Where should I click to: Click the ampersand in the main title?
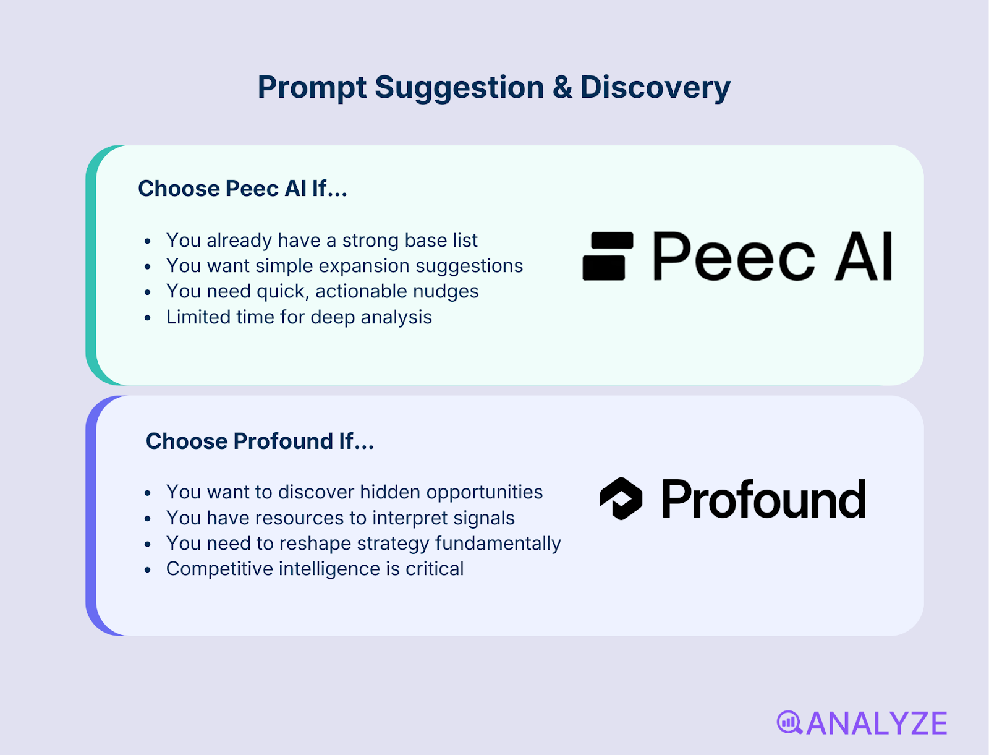(562, 87)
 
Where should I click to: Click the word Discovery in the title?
(655, 87)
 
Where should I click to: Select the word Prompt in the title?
(312, 87)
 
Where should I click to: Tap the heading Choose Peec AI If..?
(242, 189)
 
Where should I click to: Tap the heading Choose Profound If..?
(260, 441)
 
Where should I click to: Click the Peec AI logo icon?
(608, 256)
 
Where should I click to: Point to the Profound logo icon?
(621, 498)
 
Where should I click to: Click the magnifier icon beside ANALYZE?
(789, 722)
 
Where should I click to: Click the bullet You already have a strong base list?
(321, 241)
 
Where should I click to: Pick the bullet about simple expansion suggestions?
(344, 266)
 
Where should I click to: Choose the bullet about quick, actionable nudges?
(322, 291)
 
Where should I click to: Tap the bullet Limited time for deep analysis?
(299, 317)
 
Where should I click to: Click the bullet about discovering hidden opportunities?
(354, 492)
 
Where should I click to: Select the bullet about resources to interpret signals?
(340, 518)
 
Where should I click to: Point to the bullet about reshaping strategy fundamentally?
(363, 544)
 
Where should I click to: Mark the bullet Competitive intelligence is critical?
(315, 569)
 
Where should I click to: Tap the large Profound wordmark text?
(763, 500)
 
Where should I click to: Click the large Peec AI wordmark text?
(772, 257)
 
